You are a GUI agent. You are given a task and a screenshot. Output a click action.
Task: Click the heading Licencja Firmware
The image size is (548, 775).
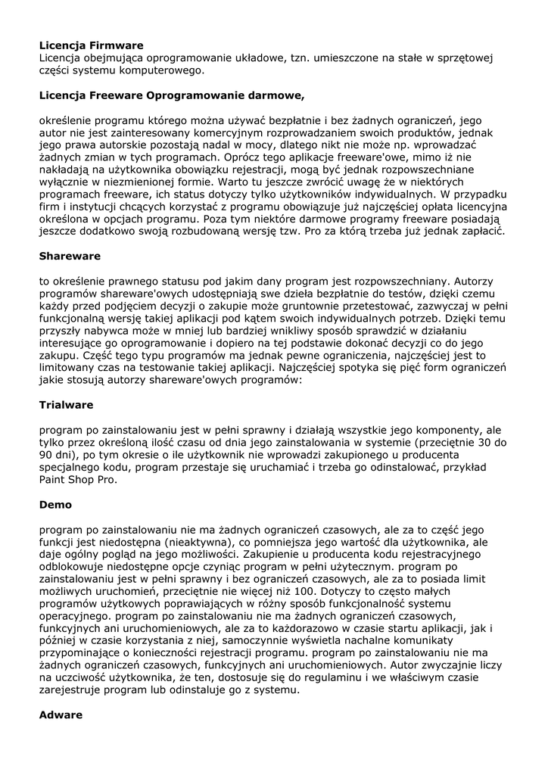click(91, 45)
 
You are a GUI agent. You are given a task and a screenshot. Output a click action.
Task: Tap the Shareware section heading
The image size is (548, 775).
click(70, 256)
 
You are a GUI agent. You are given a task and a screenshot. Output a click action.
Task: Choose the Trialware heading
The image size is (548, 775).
click(67, 405)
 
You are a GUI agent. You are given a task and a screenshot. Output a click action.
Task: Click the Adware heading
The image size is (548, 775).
click(61, 714)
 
